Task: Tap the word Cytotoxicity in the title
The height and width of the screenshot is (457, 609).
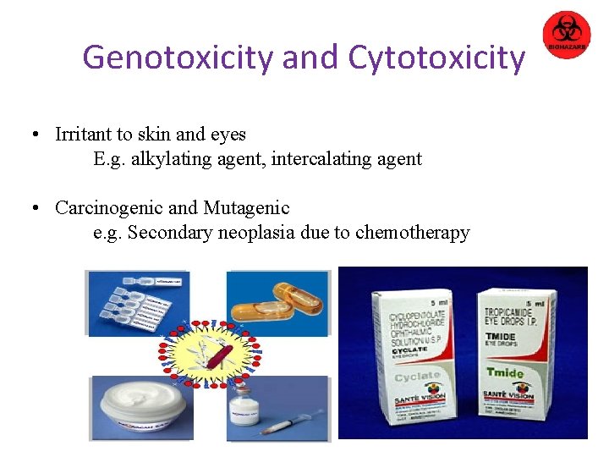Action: (436, 57)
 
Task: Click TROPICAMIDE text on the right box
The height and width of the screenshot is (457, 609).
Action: (513, 314)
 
